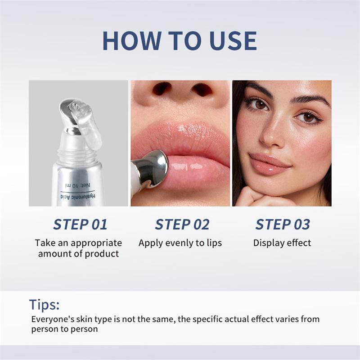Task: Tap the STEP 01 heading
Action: pyautogui.click(x=80, y=224)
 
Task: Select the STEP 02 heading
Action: pyautogui.click(x=182, y=224)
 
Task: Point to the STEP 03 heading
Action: pyautogui.click(x=282, y=224)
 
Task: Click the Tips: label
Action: pyautogui.click(x=45, y=305)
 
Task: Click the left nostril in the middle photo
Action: pyautogui.click(x=161, y=89)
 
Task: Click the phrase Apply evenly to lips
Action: pyautogui.click(x=180, y=243)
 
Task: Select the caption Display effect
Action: pyautogui.click(x=282, y=243)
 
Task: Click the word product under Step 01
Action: pyautogui.click(x=103, y=254)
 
